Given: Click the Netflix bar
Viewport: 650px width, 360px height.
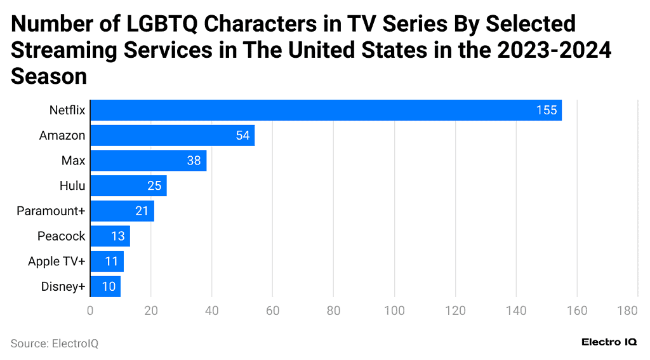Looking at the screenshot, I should [x=326, y=110].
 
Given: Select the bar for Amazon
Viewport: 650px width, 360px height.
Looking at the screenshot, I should [x=172, y=135].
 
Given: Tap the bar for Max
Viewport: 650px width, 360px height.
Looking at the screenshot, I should [x=148, y=161].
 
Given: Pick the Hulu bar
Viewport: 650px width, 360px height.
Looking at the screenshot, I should [x=128, y=186].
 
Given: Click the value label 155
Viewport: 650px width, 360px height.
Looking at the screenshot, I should [x=546, y=110].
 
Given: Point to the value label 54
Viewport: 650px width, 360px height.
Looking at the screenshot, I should [x=242, y=135].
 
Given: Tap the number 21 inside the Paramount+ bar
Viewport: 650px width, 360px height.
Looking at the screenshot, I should [x=142, y=211].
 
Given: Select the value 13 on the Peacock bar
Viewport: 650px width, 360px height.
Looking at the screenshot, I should [x=118, y=236].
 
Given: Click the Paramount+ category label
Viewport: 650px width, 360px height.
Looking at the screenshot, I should [x=51, y=211].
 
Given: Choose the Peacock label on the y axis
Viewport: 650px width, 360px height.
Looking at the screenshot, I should [x=61, y=236].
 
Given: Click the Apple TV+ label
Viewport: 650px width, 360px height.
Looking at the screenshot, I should [x=56, y=262].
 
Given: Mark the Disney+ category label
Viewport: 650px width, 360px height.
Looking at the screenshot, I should [x=63, y=286].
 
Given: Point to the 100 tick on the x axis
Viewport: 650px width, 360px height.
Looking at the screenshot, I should [x=394, y=310].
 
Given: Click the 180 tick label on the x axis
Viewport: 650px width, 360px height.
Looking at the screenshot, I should [x=627, y=310].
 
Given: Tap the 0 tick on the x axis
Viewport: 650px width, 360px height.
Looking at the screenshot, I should [x=90, y=310].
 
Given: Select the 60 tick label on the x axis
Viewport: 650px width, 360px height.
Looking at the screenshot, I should [x=272, y=310].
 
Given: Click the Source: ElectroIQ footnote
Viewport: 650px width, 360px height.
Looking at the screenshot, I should [x=55, y=343].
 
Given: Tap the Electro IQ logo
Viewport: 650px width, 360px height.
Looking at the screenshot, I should [x=609, y=342].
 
